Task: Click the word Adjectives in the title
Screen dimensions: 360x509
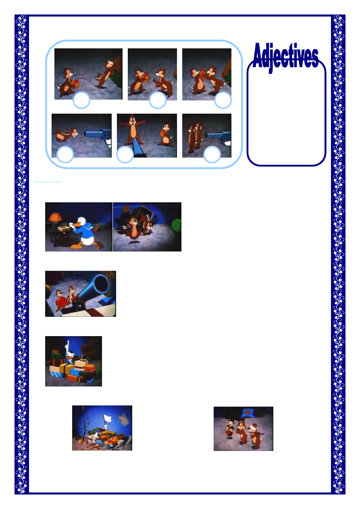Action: [x=285, y=56]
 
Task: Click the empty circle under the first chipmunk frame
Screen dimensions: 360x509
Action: [x=81, y=100]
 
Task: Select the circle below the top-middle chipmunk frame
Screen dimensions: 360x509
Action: [x=158, y=100]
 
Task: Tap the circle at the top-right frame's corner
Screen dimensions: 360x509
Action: [x=223, y=100]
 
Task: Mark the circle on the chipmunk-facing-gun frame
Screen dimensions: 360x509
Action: [x=65, y=154]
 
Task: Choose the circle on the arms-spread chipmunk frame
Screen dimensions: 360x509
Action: [x=125, y=154]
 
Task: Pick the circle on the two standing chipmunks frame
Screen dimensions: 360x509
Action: [x=212, y=154]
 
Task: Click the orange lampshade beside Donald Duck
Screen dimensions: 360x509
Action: [x=55, y=217]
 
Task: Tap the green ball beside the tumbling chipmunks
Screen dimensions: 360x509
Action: [x=176, y=226]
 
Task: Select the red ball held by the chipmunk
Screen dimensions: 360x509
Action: [x=61, y=301]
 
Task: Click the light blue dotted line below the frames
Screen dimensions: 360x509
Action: [x=48, y=182]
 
